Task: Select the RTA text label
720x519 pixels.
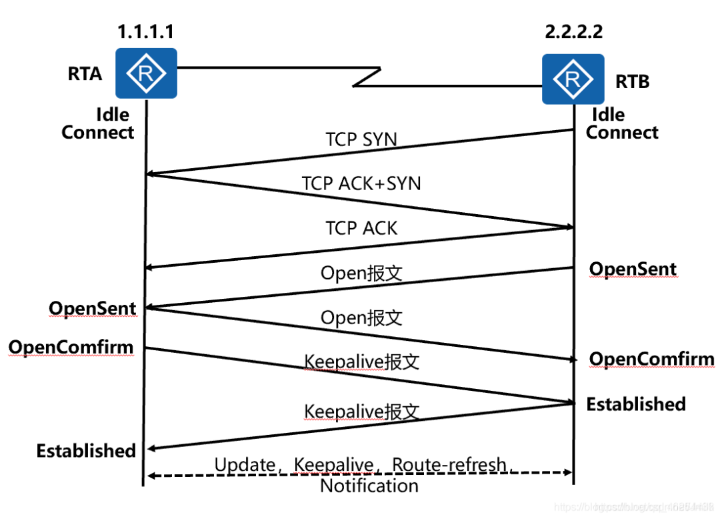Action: [85, 73]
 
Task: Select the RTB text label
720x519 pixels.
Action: [631, 81]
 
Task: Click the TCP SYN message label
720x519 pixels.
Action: [361, 139]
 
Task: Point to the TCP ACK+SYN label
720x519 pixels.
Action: [361, 183]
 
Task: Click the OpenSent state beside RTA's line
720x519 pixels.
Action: [92, 309]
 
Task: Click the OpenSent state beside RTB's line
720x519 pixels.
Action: [633, 270]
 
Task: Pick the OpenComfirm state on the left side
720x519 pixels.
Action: [71, 348]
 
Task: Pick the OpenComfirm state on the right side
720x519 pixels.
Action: [651, 360]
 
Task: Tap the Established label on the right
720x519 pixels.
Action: [635, 404]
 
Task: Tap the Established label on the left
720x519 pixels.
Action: [86, 451]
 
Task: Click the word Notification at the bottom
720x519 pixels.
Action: [369, 486]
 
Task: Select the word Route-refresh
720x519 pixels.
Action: [449, 464]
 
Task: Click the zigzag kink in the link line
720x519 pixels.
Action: [367, 77]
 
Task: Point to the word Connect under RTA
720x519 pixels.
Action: [98, 132]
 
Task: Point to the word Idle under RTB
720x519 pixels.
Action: [608, 115]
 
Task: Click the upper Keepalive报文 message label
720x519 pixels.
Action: [361, 362]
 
